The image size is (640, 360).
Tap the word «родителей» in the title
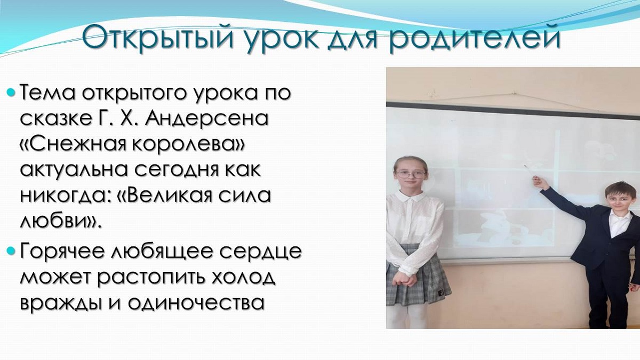475,38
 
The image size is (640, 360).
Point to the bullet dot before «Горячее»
10,251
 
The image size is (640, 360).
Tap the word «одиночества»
196,303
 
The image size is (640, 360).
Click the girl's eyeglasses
411,174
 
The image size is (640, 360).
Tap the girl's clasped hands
405,279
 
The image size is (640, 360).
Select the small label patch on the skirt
442,293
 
